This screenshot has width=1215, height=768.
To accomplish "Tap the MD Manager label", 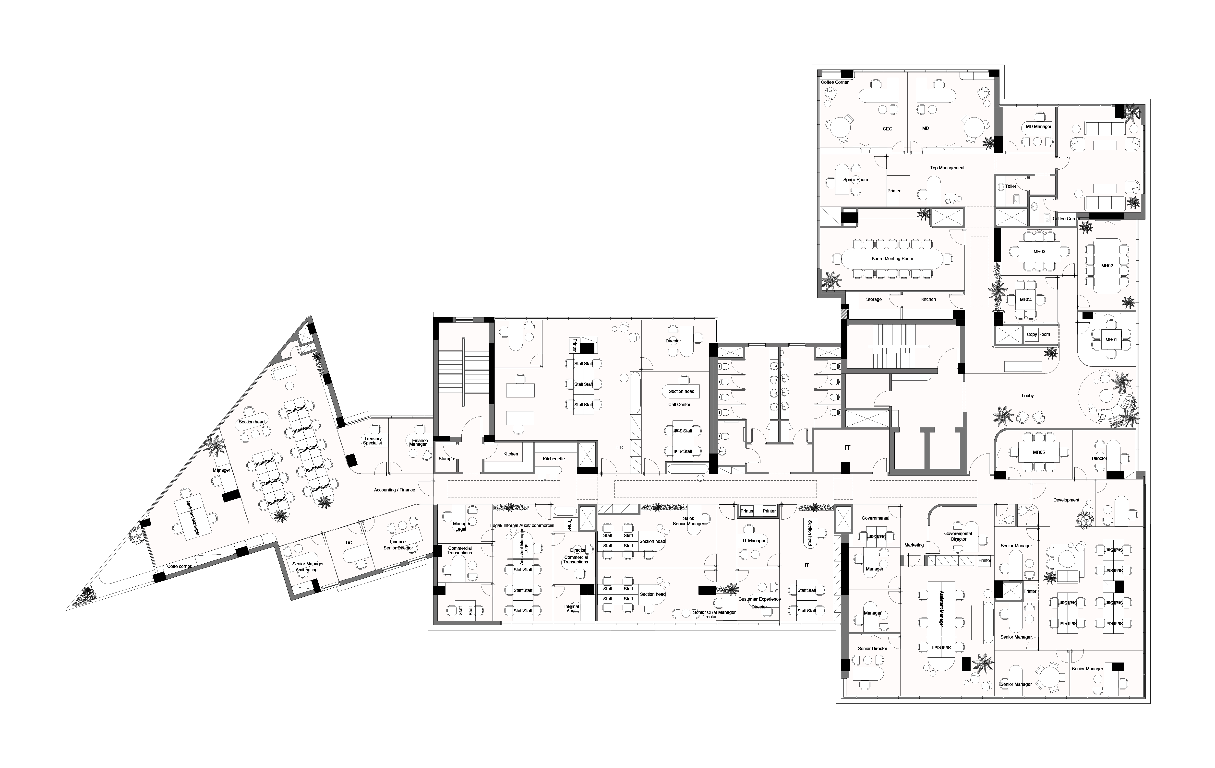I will coord(1038,127).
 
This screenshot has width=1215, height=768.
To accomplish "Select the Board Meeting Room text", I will coord(892,259).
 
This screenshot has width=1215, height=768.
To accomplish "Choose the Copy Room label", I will coord(1038,334).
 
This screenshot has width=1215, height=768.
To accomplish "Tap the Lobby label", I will coord(1027,396).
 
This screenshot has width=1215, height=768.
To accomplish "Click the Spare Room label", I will coord(855,180).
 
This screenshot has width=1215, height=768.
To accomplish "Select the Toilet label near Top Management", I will coord(1010,186).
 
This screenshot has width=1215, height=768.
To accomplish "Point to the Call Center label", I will coord(679,404).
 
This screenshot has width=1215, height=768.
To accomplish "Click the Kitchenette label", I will coord(553,459).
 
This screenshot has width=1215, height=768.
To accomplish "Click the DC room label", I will coord(349,543).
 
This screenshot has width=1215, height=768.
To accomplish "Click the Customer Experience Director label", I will coord(759,603).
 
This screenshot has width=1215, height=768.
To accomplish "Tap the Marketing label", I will coord(914,545).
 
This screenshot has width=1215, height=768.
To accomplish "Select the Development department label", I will coord(1066,500).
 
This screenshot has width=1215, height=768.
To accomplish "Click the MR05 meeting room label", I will coord(1038,452).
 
